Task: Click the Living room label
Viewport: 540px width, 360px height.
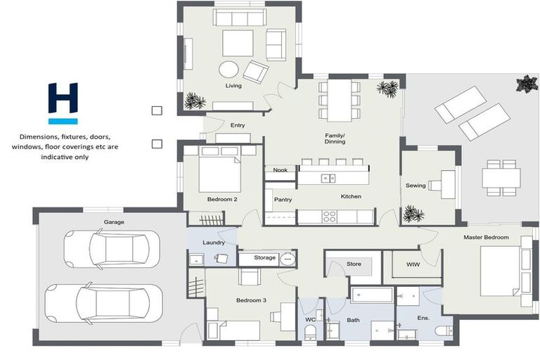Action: click(x=233, y=86)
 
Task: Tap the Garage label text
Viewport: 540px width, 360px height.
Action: click(x=114, y=222)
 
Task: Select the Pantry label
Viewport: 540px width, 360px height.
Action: click(x=283, y=200)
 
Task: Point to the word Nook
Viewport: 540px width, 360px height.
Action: click(x=280, y=170)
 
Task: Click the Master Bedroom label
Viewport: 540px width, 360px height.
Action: click(x=486, y=238)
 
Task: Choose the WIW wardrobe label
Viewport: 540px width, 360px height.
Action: click(x=413, y=264)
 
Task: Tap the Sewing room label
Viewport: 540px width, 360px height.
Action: click(x=416, y=186)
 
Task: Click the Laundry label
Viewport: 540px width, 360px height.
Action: click(x=214, y=243)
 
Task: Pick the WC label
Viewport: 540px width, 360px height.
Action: click(x=310, y=320)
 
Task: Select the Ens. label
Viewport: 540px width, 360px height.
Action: click(x=423, y=318)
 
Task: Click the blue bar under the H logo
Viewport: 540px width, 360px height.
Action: click(x=63, y=121)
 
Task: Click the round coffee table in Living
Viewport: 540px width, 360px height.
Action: click(x=229, y=70)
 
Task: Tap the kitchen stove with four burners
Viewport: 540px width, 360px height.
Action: click(x=329, y=217)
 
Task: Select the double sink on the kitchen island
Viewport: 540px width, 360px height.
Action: click(x=328, y=179)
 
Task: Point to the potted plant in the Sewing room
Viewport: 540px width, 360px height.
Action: click(x=413, y=214)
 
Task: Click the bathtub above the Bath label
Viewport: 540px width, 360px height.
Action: click(x=372, y=295)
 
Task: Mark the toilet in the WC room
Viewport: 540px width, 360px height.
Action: click(x=310, y=333)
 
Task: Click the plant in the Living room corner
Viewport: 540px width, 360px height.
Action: click(x=195, y=101)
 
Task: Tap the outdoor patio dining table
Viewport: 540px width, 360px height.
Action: click(x=501, y=178)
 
